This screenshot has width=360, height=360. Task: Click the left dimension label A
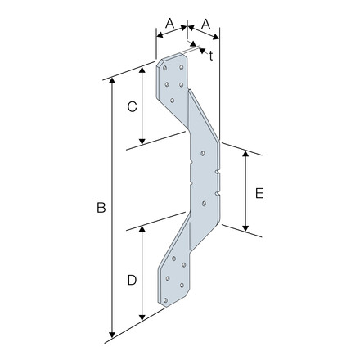169,24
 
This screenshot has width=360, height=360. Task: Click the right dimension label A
206,24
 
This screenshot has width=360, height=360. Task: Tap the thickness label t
211,56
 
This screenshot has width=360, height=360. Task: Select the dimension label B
101,208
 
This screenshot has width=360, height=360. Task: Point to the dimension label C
133,106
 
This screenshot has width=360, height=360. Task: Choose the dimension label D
132,280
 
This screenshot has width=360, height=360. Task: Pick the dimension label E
259,193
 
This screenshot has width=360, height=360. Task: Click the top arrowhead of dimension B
112,80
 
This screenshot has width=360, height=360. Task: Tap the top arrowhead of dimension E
245,154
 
